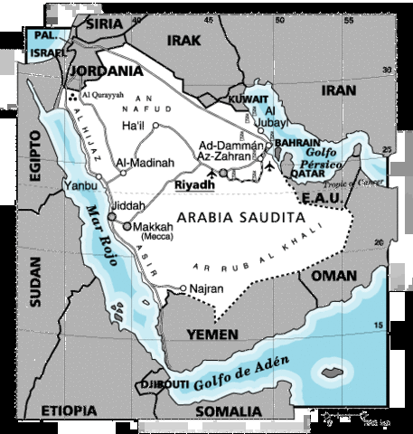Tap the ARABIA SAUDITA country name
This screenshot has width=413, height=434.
click(239, 218)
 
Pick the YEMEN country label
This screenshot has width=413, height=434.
click(212, 335)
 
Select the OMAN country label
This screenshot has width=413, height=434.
click(334, 275)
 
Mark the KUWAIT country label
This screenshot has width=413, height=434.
click(249, 99)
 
